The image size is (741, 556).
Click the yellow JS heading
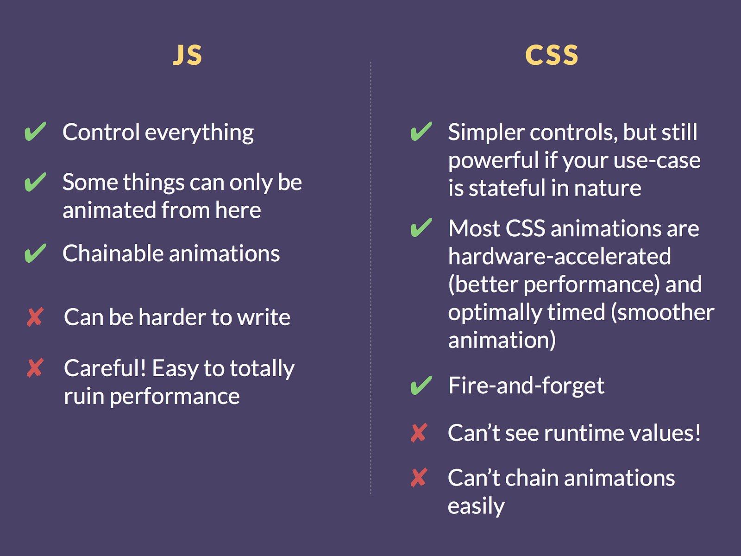[x=188, y=55]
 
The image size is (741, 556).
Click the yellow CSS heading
[x=552, y=55]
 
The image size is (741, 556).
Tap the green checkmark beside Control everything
[x=35, y=131]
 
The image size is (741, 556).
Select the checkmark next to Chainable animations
[x=35, y=253]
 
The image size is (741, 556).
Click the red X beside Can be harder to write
[x=35, y=316]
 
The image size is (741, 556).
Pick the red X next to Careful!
[x=35, y=367]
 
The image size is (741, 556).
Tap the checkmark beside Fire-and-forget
[x=421, y=385]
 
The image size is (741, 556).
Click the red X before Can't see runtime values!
[x=419, y=432]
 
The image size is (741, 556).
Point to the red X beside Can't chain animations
[x=419, y=477]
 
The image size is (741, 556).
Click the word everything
[x=199, y=133]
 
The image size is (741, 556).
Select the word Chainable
[x=113, y=253]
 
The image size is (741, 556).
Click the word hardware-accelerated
[x=559, y=256]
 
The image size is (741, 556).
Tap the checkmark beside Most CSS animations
[x=421, y=227]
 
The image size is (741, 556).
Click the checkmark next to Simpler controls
[x=421, y=131]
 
